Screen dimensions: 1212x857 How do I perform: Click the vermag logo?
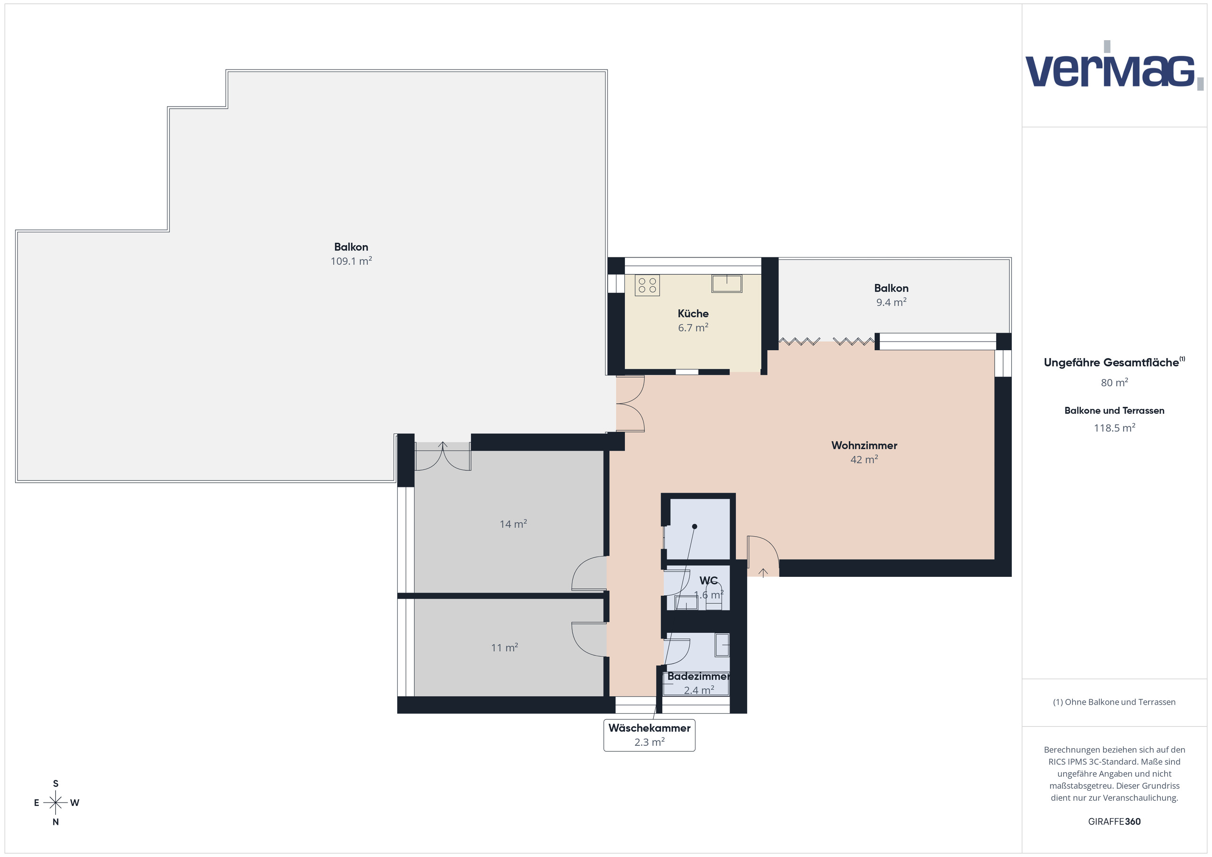1114,65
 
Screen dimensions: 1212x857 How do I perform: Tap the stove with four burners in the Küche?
647,285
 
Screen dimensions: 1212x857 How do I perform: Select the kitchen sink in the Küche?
726,283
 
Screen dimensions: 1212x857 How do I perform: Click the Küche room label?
693,313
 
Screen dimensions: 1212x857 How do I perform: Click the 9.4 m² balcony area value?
891,302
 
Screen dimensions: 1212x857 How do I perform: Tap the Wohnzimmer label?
864,445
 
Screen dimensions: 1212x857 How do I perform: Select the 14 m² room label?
513,523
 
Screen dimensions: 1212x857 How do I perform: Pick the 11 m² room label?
504,647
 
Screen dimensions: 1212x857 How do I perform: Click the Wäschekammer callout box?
649,734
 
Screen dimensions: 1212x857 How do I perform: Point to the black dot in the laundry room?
695,526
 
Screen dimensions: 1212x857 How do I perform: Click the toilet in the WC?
713,597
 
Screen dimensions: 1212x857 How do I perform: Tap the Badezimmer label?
698,676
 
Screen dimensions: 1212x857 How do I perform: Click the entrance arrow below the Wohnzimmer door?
763,572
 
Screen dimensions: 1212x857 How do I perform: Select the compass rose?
55,803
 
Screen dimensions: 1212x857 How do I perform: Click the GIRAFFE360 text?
1114,821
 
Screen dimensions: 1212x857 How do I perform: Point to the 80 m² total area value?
1114,382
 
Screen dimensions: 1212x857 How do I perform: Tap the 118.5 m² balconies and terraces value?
1114,427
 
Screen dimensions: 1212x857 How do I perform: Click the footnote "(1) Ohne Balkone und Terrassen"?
1114,702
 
